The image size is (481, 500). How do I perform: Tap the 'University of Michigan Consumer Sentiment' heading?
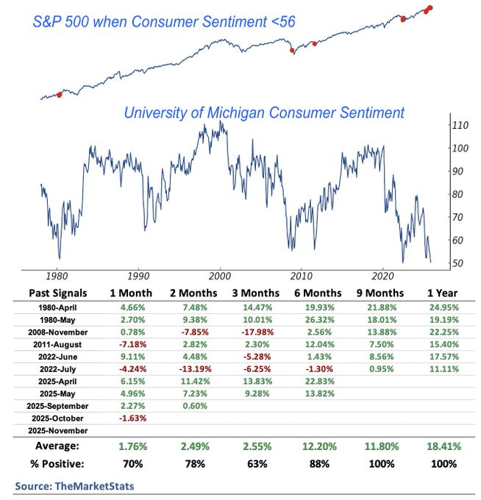click(x=264, y=113)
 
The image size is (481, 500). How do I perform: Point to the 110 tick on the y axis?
click(x=460, y=125)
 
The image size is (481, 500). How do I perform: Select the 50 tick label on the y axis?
click(x=457, y=263)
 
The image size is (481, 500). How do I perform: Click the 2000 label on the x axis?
click(x=219, y=276)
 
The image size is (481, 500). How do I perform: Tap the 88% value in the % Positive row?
click(x=322, y=464)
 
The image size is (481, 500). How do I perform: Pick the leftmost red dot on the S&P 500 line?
click(x=59, y=94)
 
